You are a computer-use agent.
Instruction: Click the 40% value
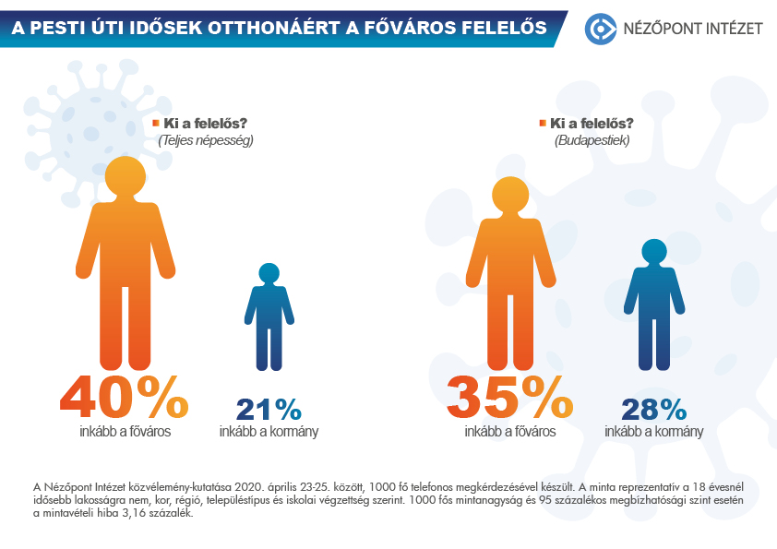click(x=124, y=398)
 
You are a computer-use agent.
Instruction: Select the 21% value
click(x=269, y=410)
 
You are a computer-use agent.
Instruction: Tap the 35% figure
click(x=509, y=398)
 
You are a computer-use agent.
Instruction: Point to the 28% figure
click(x=653, y=410)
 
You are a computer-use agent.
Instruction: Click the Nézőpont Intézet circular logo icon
click(x=602, y=29)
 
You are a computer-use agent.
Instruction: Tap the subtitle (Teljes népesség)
click(x=205, y=140)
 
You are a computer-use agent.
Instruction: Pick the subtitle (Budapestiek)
click(x=592, y=140)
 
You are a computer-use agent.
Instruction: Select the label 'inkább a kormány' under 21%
click(x=269, y=431)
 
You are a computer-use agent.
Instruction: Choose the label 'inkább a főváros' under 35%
click(x=509, y=431)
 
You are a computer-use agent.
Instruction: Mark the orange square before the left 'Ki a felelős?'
click(x=156, y=122)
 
